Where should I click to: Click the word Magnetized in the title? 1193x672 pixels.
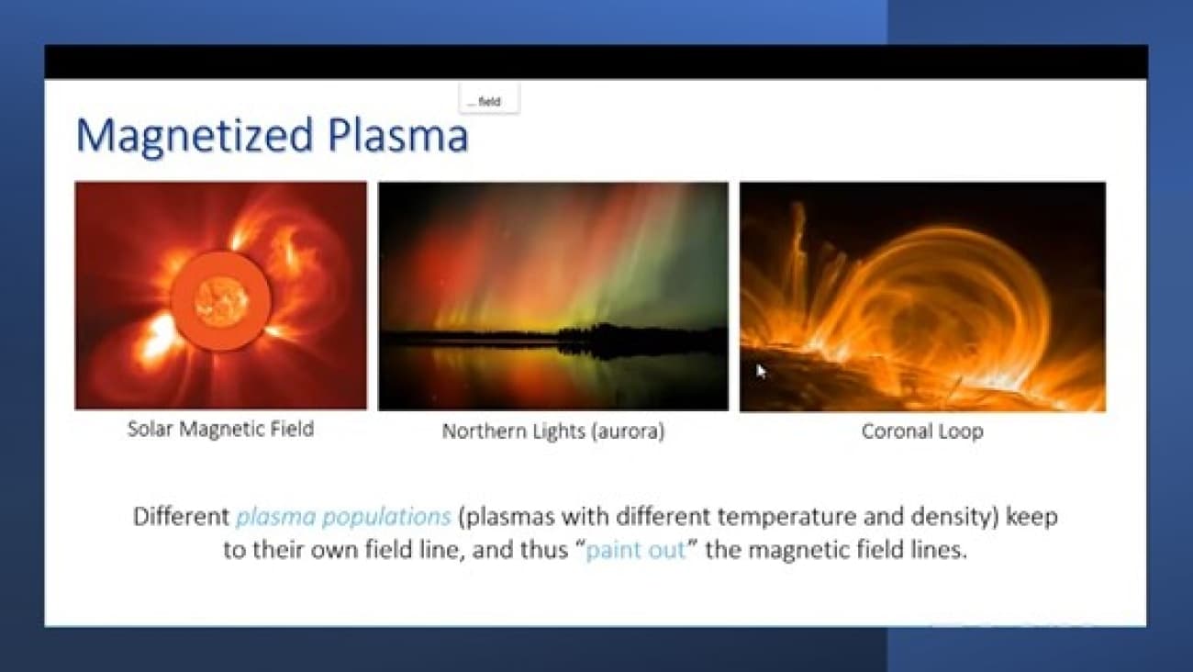pyautogui.click(x=195, y=137)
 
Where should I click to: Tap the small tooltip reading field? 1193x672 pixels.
pyautogui.click(x=489, y=100)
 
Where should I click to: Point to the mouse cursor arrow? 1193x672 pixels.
pyautogui.click(x=762, y=372)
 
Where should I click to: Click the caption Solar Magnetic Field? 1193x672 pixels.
pyautogui.click(x=220, y=429)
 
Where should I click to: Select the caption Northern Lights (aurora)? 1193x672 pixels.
pyautogui.click(x=553, y=431)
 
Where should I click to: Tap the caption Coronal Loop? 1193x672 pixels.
pyautogui.click(x=922, y=431)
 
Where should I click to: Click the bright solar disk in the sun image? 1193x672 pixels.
pyautogui.click(x=221, y=302)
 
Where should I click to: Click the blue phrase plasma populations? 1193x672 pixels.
pyautogui.click(x=343, y=517)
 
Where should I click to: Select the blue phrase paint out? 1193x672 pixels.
pyautogui.click(x=635, y=550)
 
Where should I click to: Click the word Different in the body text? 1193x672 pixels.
pyautogui.click(x=181, y=516)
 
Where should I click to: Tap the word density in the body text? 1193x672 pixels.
pyautogui.click(x=951, y=517)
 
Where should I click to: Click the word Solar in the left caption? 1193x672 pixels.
pyautogui.click(x=151, y=429)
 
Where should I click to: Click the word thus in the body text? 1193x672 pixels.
pyautogui.click(x=544, y=550)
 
